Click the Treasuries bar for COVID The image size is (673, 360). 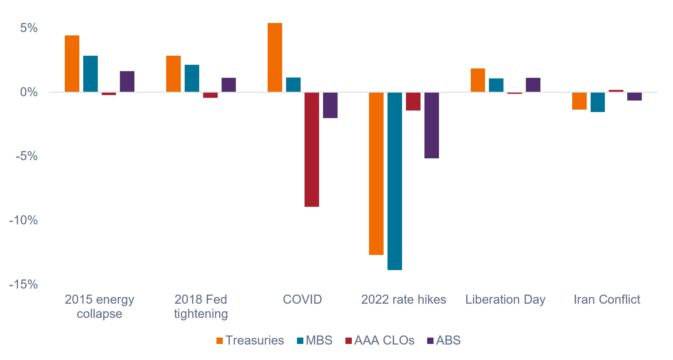pos(275,58)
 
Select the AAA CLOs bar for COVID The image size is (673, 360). pos(312,150)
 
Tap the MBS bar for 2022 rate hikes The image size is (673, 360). pos(395,181)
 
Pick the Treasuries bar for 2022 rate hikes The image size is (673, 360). pos(376,173)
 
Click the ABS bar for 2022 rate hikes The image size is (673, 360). pos(432,125)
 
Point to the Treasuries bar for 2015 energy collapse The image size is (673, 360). pos(72,64)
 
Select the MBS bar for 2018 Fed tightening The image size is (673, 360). pos(192,78)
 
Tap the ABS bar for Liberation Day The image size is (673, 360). pos(533,85)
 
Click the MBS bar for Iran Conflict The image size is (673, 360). pos(598,102)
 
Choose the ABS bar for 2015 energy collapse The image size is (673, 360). pos(127,81)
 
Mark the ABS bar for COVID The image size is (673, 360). pos(330,105)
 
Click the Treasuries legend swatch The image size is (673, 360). pos(219,341)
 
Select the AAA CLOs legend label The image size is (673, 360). pos(384,340)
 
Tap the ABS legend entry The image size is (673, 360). pos(444,340)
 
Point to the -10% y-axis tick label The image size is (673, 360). pos(23,220)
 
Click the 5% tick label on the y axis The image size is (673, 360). pos(29,28)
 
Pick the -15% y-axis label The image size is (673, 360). pos(23,284)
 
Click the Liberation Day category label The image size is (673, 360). pos(505,300)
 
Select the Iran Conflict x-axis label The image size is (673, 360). pos(607,299)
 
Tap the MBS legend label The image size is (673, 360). pos(319,340)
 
